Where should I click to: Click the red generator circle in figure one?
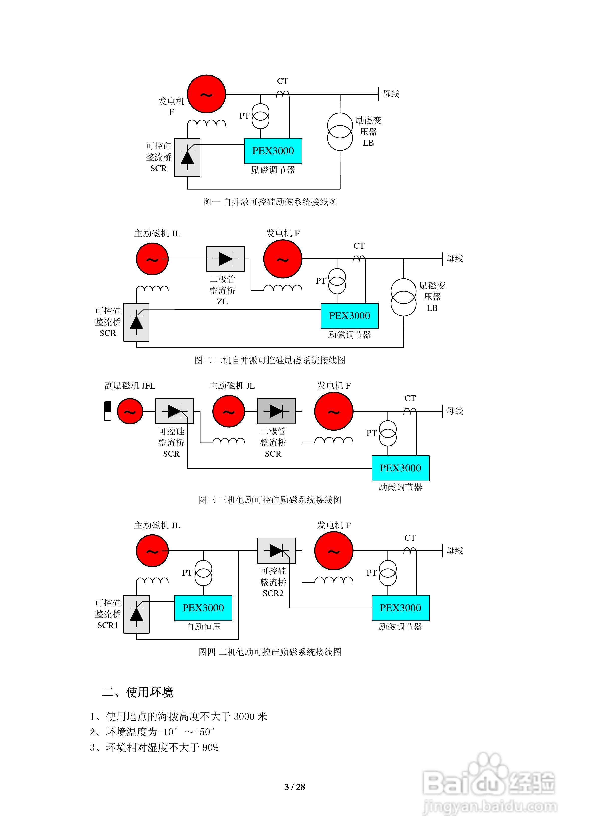[x=206, y=94]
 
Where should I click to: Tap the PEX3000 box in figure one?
[x=273, y=151]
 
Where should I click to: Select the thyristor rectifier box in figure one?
[x=187, y=157]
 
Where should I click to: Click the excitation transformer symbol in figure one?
[x=340, y=132]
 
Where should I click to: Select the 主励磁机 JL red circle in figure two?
[x=152, y=259]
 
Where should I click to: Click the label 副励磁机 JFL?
[x=130, y=386]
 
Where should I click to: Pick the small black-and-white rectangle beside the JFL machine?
[x=108, y=411]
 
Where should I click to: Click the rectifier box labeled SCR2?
[x=276, y=551]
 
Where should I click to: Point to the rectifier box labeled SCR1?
[x=136, y=614]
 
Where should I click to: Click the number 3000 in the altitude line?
[x=244, y=716]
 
